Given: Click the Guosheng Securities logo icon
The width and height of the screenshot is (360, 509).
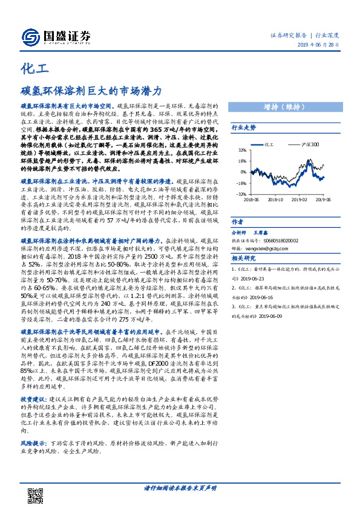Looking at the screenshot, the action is coord(30,36).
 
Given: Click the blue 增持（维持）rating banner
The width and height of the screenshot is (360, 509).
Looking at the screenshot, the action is coord(290,107).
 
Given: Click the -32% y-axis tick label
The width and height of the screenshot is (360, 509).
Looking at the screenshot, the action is coord(241,194).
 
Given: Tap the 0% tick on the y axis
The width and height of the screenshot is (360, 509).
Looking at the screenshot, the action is coord(243,172).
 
